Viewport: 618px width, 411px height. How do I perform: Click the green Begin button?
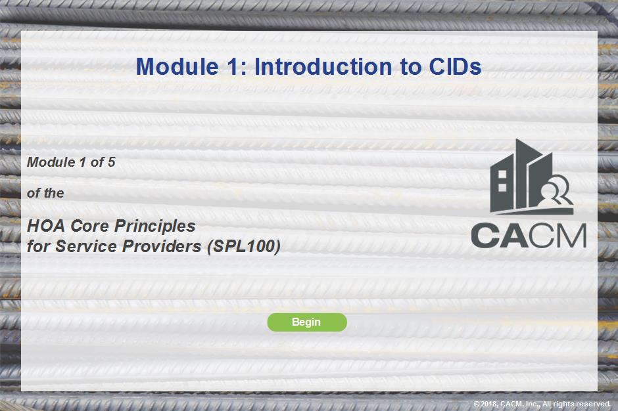click(x=307, y=322)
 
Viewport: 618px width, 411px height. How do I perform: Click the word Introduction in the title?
click(x=323, y=66)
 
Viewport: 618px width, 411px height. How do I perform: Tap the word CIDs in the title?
click(x=455, y=66)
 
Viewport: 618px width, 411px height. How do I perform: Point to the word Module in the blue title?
click(x=178, y=66)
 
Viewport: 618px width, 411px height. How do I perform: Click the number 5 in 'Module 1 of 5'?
click(x=112, y=162)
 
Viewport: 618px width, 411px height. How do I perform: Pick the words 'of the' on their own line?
click(x=45, y=193)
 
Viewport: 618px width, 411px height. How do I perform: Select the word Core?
click(x=89, y=226)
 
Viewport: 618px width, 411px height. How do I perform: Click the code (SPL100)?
click(x=244, y=246)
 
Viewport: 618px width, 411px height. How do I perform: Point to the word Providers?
click(x=162, y=246)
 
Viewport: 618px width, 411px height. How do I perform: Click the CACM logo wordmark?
click(x=529, y=236)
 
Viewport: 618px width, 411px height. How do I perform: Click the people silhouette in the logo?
click(x=555, y=190)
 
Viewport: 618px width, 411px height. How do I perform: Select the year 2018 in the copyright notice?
click(x=488, y=404)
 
